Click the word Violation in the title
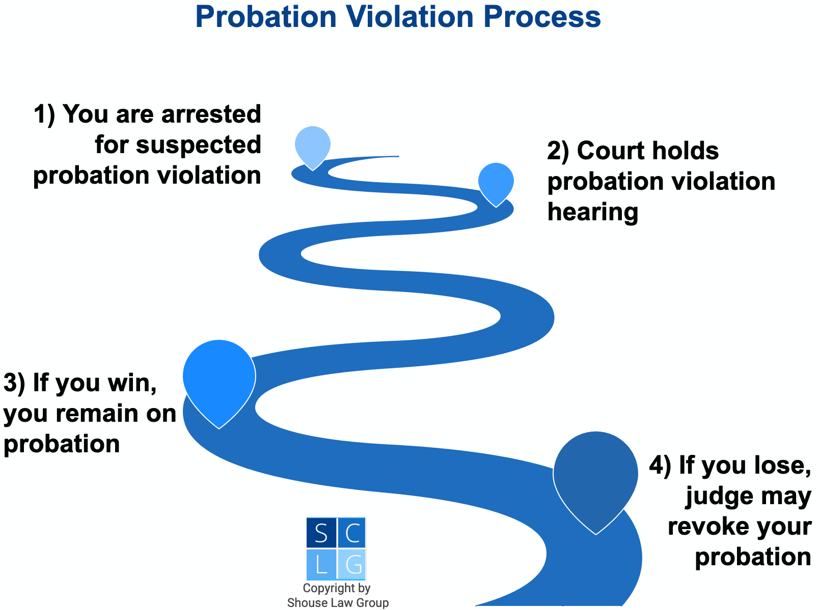(x=409, y=17)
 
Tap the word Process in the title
(x=542, y=17)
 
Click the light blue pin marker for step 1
(x=312, y=148)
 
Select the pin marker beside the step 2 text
(x=496, y=184)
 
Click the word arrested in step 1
(x=211, y=114)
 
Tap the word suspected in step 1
(x=199, y=145)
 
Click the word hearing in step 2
(x=593, y=213)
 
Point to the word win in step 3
(x=132, y=383)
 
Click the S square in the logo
(x=321, y=532)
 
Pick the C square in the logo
(x=351, y=532)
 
